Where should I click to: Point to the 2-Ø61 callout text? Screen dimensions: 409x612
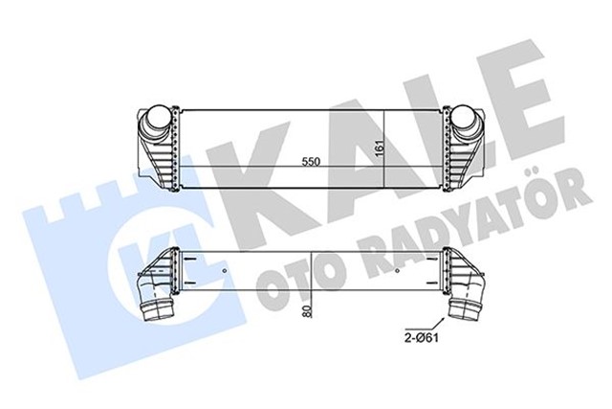pyautogui.click(x=420, y=338)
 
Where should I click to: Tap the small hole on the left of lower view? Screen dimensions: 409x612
pyautogui.click(x=225, y=271)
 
